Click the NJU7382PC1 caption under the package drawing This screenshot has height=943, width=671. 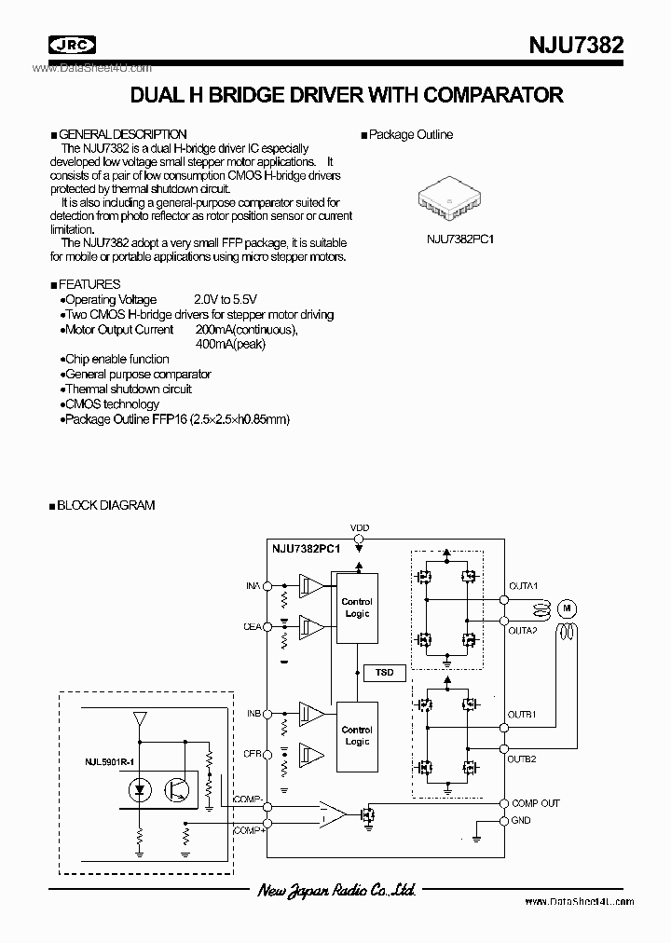tap(459, 239)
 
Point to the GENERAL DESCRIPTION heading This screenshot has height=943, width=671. tap(123, 134)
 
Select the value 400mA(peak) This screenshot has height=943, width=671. tap(231, 344)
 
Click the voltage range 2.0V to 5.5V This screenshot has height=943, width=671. tap(226, 299)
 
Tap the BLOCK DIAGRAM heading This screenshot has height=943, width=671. tap(105, 505)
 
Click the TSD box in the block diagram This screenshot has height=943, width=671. tap(383, 672)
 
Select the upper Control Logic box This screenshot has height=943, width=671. tap(356, 608)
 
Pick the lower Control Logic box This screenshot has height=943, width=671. tap(356, 736)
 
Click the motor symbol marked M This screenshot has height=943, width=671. tap(566, 608)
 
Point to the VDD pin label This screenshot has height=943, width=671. tap(359, 528)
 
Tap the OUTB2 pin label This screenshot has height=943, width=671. tap(522, 758)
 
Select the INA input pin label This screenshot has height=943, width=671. tap(253, 586)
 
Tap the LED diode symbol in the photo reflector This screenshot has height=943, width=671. tap(139, 789)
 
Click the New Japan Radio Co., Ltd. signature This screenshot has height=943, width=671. tap(335, 891)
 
